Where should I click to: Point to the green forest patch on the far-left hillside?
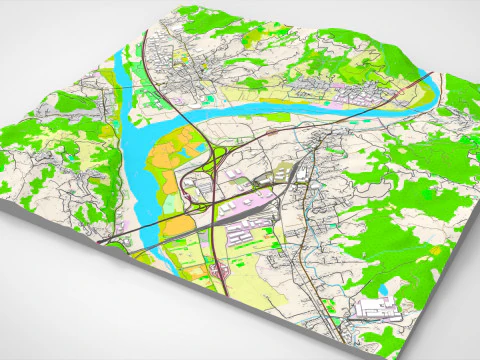70,105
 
